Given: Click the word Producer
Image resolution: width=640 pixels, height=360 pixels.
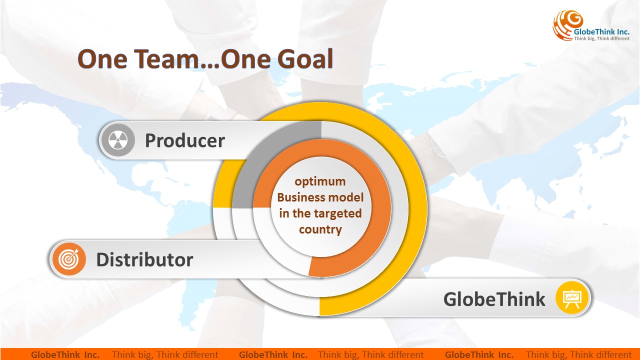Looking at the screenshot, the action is pyautogui.click(x=185, y=140).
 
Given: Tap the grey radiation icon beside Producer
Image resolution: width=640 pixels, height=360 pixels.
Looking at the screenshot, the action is pyautogui.click(x=117, y=140).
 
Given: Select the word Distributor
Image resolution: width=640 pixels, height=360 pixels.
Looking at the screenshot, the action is pyautogui.click(x=144, y=259).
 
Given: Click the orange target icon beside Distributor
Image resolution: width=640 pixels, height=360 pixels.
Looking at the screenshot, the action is pyautogui.click(x=68, y=259).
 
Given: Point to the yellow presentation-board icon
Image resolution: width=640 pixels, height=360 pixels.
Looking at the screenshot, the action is pyautogui.click(x=571, y=297).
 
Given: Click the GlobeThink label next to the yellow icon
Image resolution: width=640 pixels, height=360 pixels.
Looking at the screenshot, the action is pyautogui.click(x=494, y=299).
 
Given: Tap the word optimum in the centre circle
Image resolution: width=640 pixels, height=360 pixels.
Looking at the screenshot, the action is pyautogui.click(x=320, y=182).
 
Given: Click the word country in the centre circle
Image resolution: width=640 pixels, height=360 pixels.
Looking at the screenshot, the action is pyautogui.click(x=320, y=229).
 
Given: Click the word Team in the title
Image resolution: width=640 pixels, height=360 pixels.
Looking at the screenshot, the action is pyautogui.click(x=166, y=59).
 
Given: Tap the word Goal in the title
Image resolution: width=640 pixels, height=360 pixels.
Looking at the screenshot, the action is pyautogui.click(x=305, y=59).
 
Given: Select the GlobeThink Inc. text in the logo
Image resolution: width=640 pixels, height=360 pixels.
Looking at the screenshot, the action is pyautogui.click(x=601, y=31).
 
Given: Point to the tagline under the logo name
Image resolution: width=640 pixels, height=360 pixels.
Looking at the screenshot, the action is pyautogui.click(x=601, y=38).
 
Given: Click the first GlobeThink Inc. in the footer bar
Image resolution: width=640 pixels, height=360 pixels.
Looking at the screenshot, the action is pyautogui.click(x=65, y=354).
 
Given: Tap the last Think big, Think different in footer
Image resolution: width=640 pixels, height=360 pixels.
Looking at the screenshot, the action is pyautogui.click(x=579, y=354).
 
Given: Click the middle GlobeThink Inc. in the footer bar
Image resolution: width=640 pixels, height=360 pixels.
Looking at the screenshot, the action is pyautogui.click(x=273, y=354).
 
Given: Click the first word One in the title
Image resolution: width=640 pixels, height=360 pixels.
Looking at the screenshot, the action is pyautogui.click(x=102, y=59).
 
